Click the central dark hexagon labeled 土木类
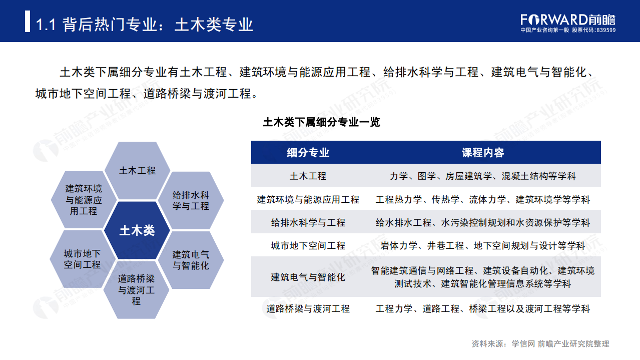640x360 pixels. (x=137, y=230)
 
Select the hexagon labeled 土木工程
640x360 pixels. (x=137, y=170)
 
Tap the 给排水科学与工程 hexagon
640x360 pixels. (x=191, y=200)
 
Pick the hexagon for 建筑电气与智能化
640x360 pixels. (x=191, y=260)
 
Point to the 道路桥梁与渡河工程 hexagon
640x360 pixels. (x=137, y=290)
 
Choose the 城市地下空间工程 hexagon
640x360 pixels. (x=83, y=259)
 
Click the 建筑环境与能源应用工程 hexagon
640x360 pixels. (x=84, y=200)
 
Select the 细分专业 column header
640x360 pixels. (x=308, y=153)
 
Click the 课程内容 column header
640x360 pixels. (x=482, y=153)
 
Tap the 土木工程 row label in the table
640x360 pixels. (x=308, y=176)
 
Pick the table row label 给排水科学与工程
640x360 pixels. (x=308, y=223)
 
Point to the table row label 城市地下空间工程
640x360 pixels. (x=308, y=246)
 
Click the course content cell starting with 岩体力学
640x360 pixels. (x=482, y=246)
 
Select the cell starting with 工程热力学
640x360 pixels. (x=482, y=200)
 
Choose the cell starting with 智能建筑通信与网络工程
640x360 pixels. (x=482, y=277)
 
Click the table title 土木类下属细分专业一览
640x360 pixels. (x=321, y=122)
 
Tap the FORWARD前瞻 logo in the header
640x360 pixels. (x=568, y=20)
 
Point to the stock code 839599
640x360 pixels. (x=606, y=30)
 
